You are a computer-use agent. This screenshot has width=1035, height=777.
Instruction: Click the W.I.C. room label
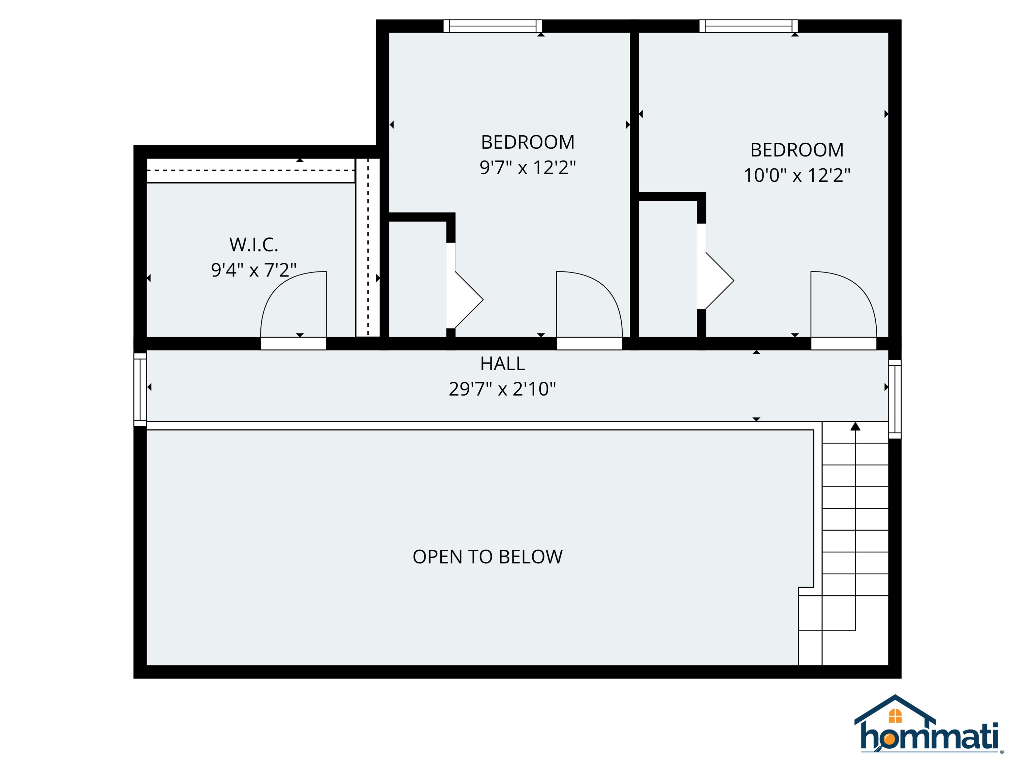tap(254, 244)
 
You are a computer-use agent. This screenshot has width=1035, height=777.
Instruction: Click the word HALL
tap(503, 364)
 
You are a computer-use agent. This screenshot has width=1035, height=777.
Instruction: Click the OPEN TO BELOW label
tap(488, 557)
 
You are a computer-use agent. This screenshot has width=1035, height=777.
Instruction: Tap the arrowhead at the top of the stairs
tap(855, 426)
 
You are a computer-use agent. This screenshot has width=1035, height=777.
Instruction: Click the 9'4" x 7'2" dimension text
tap(254, 270)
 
